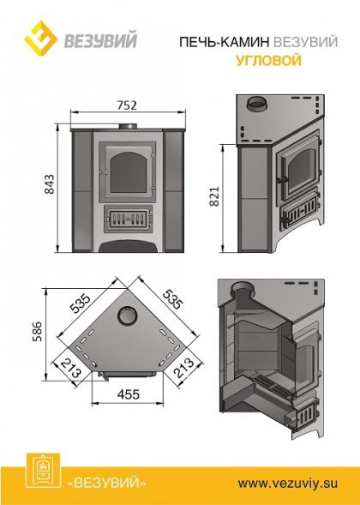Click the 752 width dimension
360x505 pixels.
click(127, 105)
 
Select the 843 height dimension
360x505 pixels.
click(50, 184)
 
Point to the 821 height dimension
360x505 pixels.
click(214, 195)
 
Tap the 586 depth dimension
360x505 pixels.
click(37, 332)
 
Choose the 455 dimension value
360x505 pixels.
click(129, 394)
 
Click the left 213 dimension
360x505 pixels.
click(71, 368)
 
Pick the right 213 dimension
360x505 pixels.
click(184, 368)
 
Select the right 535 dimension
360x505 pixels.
click(172, 299)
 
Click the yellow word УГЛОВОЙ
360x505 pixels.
click(269, 60)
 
